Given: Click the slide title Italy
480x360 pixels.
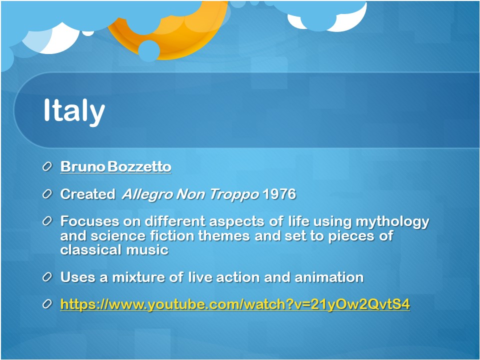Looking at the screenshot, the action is (x=74, y=111).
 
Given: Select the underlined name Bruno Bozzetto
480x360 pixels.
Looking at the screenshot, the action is (x=115, y=167).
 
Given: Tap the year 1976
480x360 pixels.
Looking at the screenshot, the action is (x=279, y=194).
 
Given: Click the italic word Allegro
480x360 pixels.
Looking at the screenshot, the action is (x=147, y=194).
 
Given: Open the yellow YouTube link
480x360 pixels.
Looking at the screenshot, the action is (x=235, y=304).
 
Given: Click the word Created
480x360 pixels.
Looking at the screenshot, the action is (x=88, y=194).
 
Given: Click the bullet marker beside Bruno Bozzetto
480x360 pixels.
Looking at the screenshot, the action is (x=47, y=167).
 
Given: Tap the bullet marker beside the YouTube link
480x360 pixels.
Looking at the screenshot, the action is (x=47, y=304).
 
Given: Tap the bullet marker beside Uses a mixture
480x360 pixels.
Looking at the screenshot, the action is (x=47, y=277).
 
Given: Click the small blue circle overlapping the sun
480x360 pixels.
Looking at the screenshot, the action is (x=149, y=50).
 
